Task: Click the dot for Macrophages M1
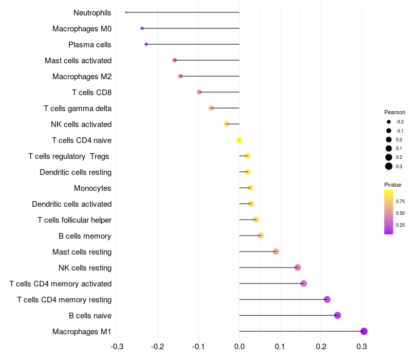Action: click(364, 331)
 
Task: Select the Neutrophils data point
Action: click(126, 12)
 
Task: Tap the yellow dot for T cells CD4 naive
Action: click(239, 140)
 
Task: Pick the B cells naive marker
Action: click(338, 315)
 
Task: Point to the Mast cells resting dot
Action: click(276, 251)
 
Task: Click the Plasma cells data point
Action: click(146, 44)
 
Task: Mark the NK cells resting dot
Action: click(297, 267)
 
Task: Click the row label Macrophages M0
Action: click(82, 29)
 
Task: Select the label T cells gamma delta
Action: click(78, 109)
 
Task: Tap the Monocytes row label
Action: click(92, 188)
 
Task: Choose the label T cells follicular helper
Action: click(74, 220)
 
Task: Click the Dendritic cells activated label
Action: click(71, 204)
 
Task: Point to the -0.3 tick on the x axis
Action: click(117, 346)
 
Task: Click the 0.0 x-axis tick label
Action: click(239, 346)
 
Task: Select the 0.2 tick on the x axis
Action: click(321, 346)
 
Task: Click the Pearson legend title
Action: click(395, 112)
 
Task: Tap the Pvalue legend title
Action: click(393, 185)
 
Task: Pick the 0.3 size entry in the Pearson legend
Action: click(389, 166)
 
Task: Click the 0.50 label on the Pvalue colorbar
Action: click(400, 213)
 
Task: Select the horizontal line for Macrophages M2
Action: click(210, 76)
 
